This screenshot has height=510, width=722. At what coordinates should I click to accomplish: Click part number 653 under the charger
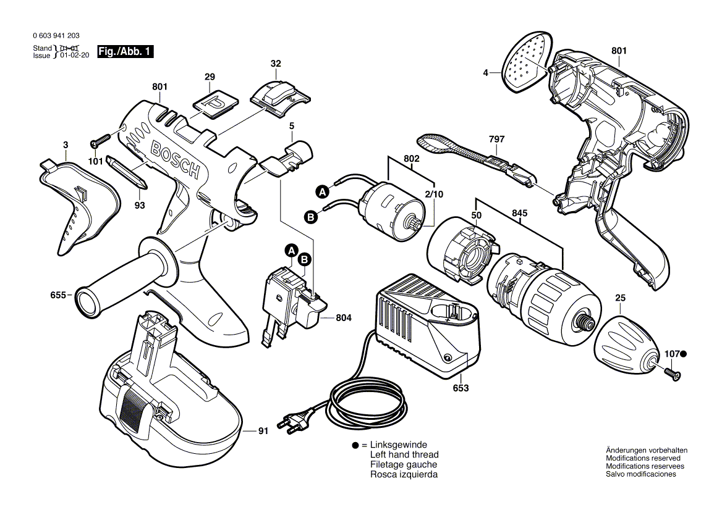[x=461, y=388]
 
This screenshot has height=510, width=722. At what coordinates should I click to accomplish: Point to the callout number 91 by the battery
[x=263, y=431]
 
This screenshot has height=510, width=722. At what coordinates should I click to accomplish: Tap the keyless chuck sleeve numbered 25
[x=624, y=343]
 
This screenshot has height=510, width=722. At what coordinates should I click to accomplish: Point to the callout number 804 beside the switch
[x=344, y=318]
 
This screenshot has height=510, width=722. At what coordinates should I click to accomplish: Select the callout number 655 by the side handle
[x=59, y=295]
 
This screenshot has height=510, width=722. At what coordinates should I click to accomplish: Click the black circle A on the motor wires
[x=321, y=192]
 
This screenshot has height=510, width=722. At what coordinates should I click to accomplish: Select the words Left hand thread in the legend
[x=404, y=455]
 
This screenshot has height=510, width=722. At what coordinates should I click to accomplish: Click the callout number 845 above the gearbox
[x=520, y=214]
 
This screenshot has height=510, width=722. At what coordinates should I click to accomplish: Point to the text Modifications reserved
[x=643, y=458]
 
